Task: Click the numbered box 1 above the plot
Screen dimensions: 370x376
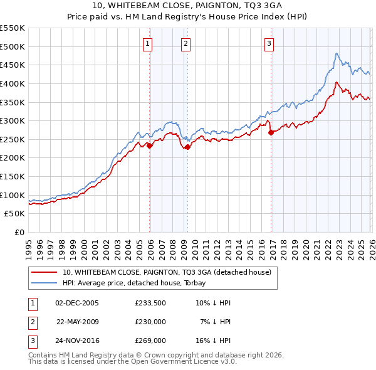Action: tap(147, 43)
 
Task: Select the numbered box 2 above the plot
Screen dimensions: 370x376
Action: tap(186, 43)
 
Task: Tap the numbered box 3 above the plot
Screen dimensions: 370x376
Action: tap(269, 43)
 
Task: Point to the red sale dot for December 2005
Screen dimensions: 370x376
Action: tap(150, 145)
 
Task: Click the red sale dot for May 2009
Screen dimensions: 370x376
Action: tap(188, 147)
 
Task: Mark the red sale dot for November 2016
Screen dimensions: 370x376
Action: tap(271, 132)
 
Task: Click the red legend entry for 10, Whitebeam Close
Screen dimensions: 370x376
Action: tap(166, 272)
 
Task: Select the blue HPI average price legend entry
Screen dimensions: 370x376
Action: tap(150, 283)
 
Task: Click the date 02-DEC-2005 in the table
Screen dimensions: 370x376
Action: tap(77, 302)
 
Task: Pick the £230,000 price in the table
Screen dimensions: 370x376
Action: tap(150, 321)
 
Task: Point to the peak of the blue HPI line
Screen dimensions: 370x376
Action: tap(337, 54)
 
